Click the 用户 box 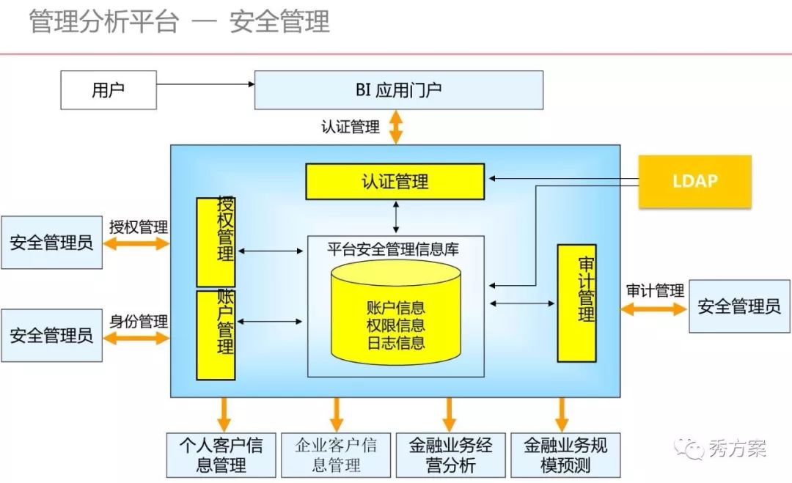coord(108,90)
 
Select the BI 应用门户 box coord(398,90)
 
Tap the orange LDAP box coord(694,181)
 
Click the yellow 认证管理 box coord(395,181)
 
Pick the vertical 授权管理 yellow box coord(216,242)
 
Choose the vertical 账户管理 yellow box coord(216,335)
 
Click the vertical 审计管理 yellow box coord(576,303)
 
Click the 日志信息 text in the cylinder coord(395,342)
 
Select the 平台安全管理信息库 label coord(393,249)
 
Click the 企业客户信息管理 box coord(336,454)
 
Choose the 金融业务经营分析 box coord(450,454)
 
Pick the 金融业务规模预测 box coord(565,454)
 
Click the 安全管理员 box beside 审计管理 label coord(738,306)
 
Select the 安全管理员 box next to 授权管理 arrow coord(51,243)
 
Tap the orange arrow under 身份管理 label coord(136,337)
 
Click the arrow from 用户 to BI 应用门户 coord(205,84)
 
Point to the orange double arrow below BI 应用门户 coord(396,127)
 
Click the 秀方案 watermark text coord(737,448)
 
